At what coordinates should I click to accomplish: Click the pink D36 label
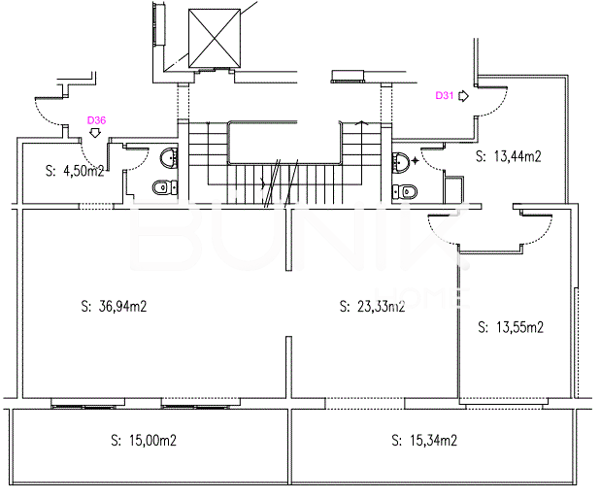tap(96, 120)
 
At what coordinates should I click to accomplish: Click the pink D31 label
tap(445, 95)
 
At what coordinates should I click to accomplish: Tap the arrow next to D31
tap(464, 96)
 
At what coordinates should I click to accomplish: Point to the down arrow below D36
tap(95, 133)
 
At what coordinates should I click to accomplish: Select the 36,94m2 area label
tap(114, 307)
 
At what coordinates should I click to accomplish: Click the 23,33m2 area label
tap(372, 307)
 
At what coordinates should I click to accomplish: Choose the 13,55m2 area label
tap(511, 327)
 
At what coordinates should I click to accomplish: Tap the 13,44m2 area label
tap(508, 156)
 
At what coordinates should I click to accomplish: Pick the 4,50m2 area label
tap(75, 171)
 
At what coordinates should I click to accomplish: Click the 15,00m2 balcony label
tap(144, 441)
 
